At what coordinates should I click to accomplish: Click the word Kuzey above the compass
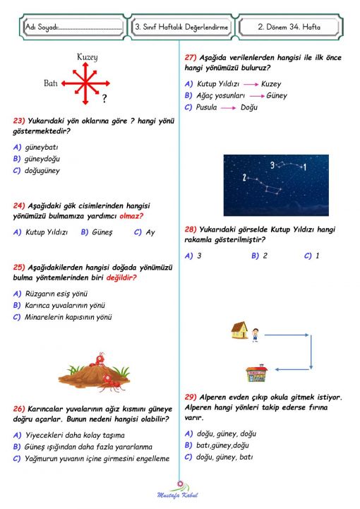pyautogui.click(x=87, y=56)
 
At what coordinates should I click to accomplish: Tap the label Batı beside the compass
pyautogui.click(x=50, y=83)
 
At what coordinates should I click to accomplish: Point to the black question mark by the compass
pyautogui.click(x=104, y=99)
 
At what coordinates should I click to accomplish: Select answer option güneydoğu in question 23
pyautogui.click(x=43, y=159)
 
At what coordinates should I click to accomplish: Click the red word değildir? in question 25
pyautogui.click(x=121, y=277)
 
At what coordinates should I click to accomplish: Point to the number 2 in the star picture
pyautogui.click(x=244, y=176)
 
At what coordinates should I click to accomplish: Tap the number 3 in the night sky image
pyautogui.click(x=272, y=165)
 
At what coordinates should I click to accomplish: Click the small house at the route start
pyautogui.click(x=239, y=330)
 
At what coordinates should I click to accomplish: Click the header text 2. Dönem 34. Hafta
pyautogui.click(x=288, y=27)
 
